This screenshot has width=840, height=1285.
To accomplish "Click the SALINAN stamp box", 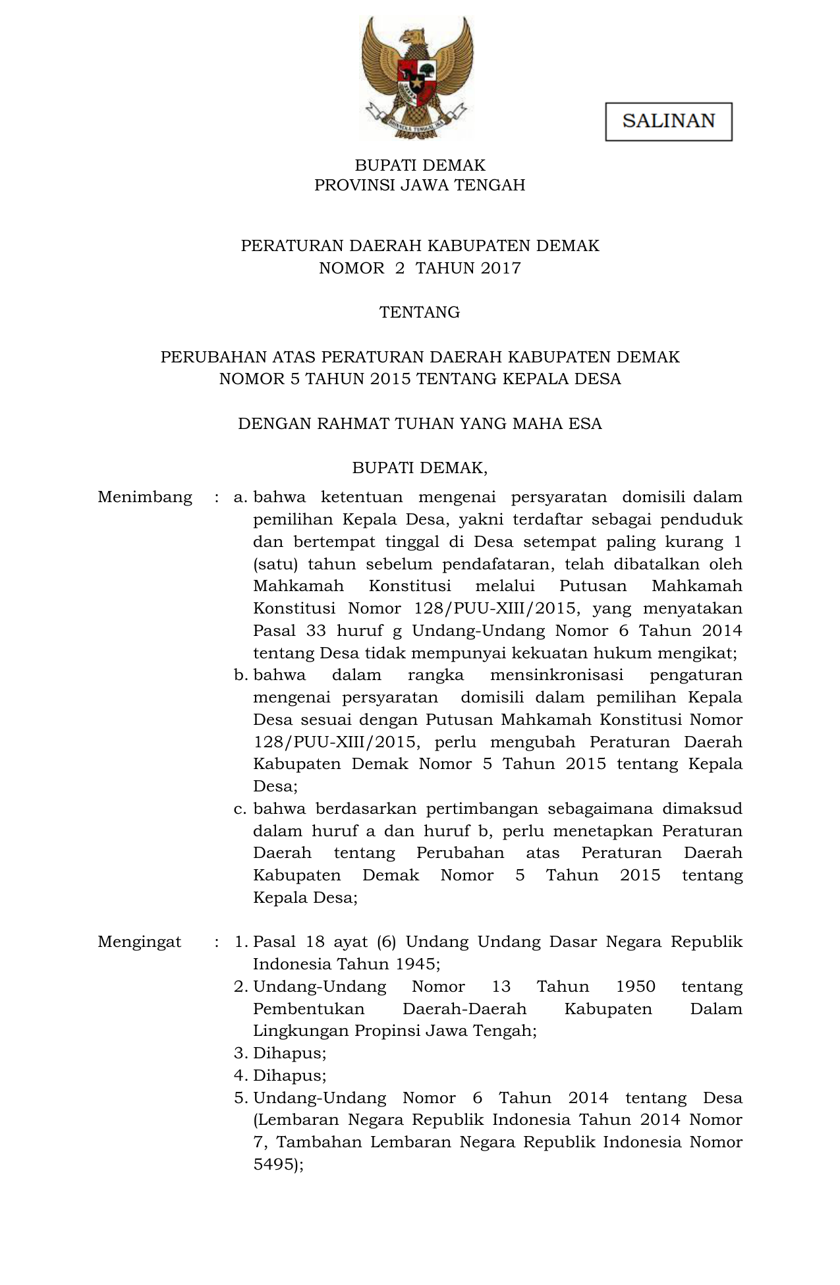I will (x=668, y=121).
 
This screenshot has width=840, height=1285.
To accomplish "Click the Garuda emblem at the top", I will (x=418, y=78).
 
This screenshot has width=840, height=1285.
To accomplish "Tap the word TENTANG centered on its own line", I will (x=420, y=312).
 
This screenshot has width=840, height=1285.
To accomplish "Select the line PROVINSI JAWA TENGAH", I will (x=420, y=185).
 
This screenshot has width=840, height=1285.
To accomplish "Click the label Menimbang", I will (x=145, y=497).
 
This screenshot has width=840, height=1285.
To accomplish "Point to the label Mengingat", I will (x=140, y=942).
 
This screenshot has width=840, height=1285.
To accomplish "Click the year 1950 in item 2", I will (x=636, y=986).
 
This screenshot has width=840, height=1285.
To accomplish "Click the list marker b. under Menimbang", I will (x=240, y=675).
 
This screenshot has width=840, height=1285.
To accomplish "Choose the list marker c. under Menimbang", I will (x=240, y=809).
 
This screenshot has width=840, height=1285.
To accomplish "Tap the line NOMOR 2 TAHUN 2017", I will (x=420, y=268).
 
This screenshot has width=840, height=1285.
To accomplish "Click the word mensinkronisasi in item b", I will (x=557, y=675).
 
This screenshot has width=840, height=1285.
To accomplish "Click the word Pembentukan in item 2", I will (x=309, y=1009).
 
